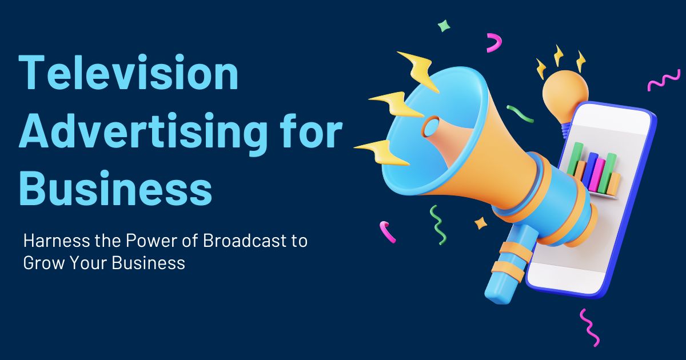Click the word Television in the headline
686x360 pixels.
tap(129, 73)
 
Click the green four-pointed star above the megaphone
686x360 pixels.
tap(444, 26)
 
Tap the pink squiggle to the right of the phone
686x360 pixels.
tap(663, 82)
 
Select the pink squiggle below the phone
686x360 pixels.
tap(589, 326)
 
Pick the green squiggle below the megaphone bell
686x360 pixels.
tap(438, 225)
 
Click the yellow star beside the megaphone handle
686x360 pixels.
tap(481, 223)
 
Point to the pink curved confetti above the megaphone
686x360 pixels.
tap(494, 42)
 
